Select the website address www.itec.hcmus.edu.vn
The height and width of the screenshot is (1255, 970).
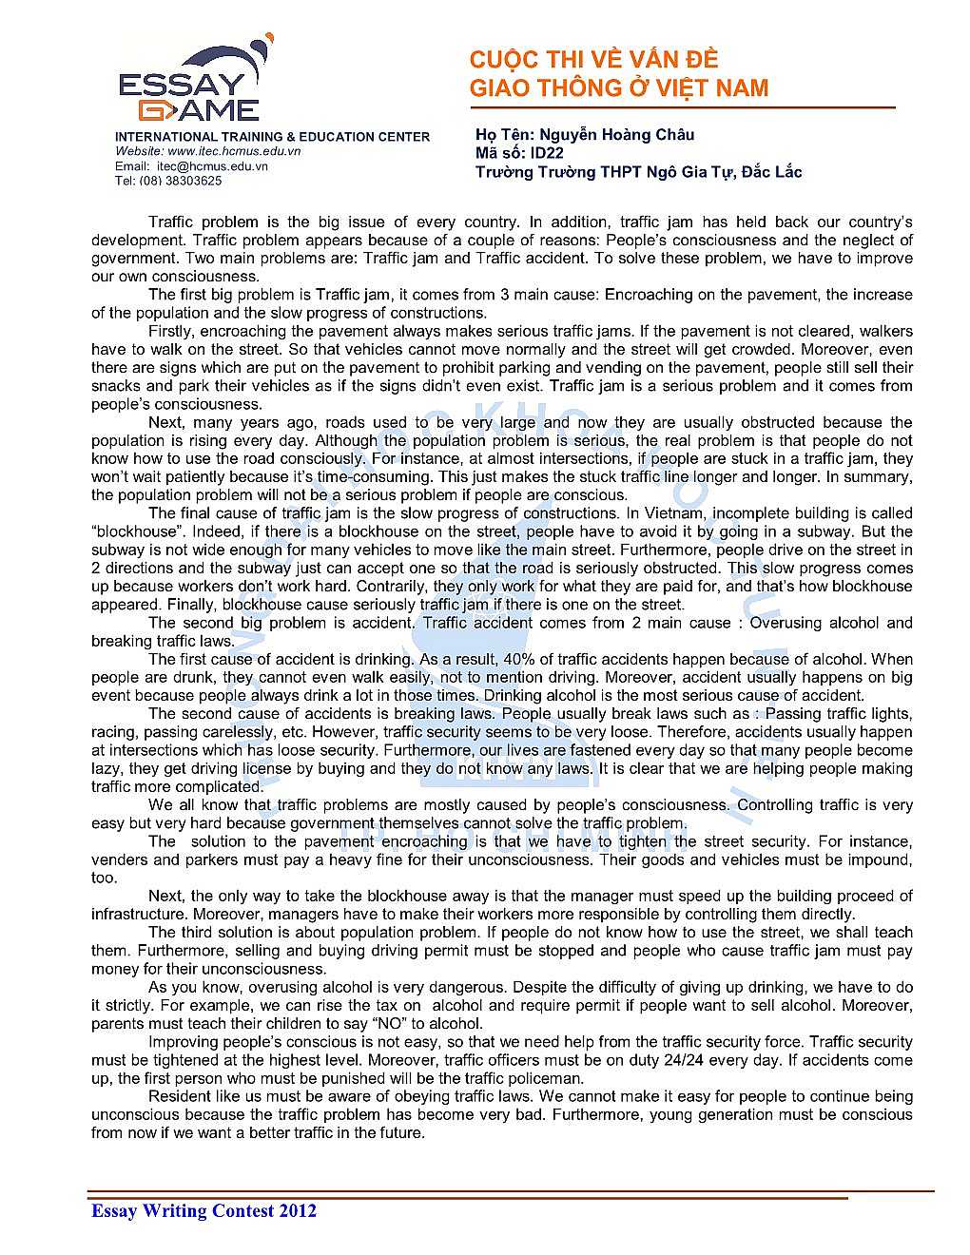click(233, 151)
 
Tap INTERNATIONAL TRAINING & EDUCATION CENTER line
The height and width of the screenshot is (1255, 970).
click(272, 137)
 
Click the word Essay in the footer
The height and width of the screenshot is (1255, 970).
click(113, 1210)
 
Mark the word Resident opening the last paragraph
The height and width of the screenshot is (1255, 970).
click(180, 1096)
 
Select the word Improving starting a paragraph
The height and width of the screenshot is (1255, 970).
click(184, 1042)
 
